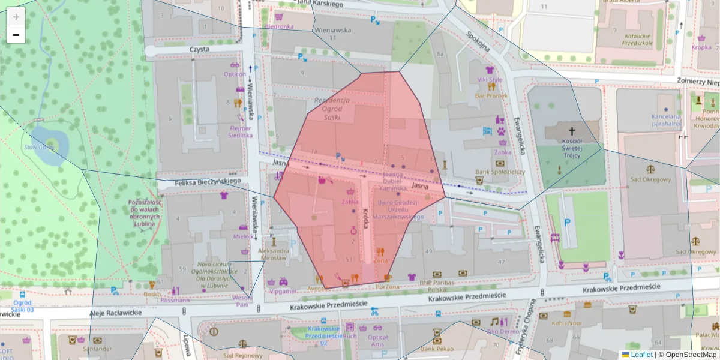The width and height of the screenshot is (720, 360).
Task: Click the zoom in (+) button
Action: pyautogui.click(x=16, y=17)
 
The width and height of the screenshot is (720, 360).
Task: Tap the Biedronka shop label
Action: pyautogui.click(x=279, y=26)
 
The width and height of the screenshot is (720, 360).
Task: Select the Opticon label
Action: pyautogui.click(x=235, y=74)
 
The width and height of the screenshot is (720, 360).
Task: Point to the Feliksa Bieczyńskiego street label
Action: pyautogui.click(x=208, y=181)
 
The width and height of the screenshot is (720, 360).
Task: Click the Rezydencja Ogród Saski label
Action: pyautogui.click(x=332, y=109)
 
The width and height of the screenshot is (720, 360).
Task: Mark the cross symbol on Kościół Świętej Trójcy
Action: pyautogui.click(x=571, y=131)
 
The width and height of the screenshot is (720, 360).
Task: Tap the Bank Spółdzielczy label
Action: pyautogui.click(x=500, y=172)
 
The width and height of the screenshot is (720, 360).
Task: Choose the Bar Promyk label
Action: pyautogui.click(x=491, y=95)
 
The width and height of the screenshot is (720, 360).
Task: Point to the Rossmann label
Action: pyautogui.click(x=175, y=300)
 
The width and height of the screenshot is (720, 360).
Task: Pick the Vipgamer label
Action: pyautogui.click(x=284, y=291)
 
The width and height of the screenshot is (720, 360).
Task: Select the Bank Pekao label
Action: pyautogui.click(x=436, y=349)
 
